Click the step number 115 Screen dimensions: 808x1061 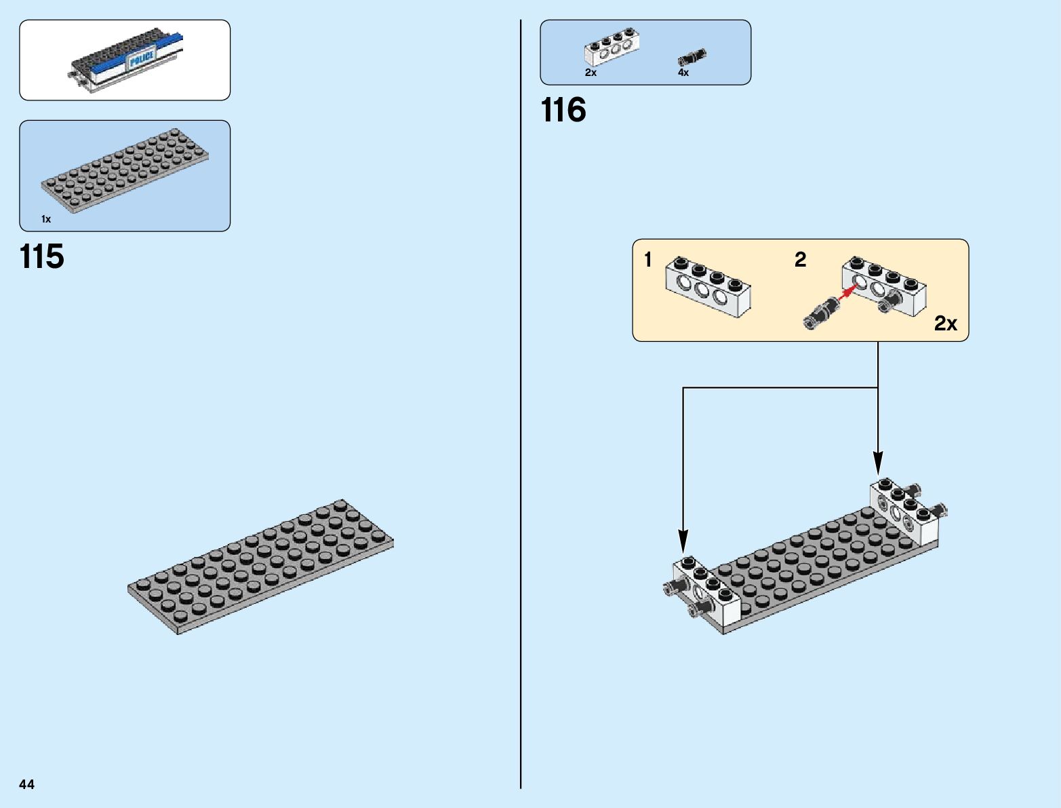(42, 257)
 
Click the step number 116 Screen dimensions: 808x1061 (563, 111)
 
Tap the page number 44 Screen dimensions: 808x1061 (26, 784)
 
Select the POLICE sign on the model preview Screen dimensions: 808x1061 (142, 58)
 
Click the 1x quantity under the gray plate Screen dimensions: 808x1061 (46, 219)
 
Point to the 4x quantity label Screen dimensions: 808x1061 (683, 73)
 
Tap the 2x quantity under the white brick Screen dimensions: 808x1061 (590, 73)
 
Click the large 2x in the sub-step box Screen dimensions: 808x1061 (945, 324)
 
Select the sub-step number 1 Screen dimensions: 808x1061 (648, 259)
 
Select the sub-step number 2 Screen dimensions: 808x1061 (801, 259)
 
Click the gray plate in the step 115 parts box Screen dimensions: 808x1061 (125, 170)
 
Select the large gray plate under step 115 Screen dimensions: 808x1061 (260, 567)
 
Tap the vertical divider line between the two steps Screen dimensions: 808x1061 (521, 407)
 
